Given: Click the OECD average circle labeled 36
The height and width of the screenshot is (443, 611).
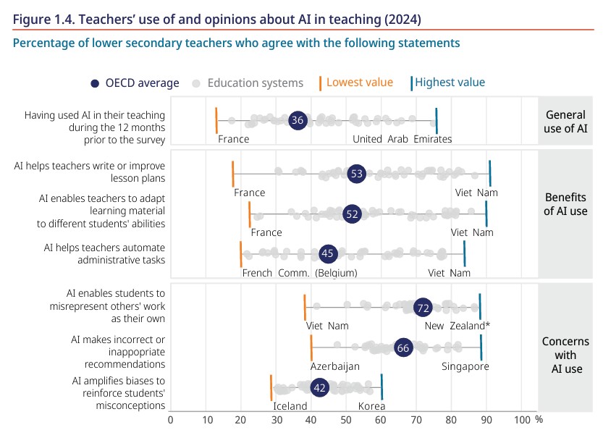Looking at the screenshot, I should pyautogui.click(x=298, y=120).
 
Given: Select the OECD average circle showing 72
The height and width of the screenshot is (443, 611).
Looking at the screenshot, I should pyautogui.click(x=424, y=308).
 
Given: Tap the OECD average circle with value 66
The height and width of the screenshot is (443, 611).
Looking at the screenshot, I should pyautogui.click(x=403, y=348).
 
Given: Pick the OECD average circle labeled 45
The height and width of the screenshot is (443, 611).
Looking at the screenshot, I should pyautogui.click(x=329, y=254).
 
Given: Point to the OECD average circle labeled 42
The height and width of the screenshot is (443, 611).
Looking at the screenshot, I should pyautogui.click(x=319, y=388).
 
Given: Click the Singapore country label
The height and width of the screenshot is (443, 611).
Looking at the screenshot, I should pyautogui.click(x=465, y=366).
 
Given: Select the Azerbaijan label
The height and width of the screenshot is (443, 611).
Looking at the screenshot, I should pyautogui.click(x=335, y=366).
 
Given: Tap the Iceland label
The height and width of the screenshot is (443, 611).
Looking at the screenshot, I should pyautogui.click(x=290, y=406).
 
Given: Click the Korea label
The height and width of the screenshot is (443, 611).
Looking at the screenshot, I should pyautogui.click(x=371, y=406).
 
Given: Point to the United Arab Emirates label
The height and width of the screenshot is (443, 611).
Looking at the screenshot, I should pyautogui.click(x=402, y=139).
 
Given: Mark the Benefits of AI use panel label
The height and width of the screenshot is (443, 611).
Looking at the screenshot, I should pyautogui.click(x=565, y=205).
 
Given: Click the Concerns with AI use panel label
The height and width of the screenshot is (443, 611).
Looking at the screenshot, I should pyautogui.click(x=565, y=355).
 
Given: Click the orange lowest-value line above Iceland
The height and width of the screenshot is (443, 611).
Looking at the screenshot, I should pyautogui.click(x=271, y=388).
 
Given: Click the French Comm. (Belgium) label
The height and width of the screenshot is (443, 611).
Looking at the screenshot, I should pyautogui.click(x=300, y=273).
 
